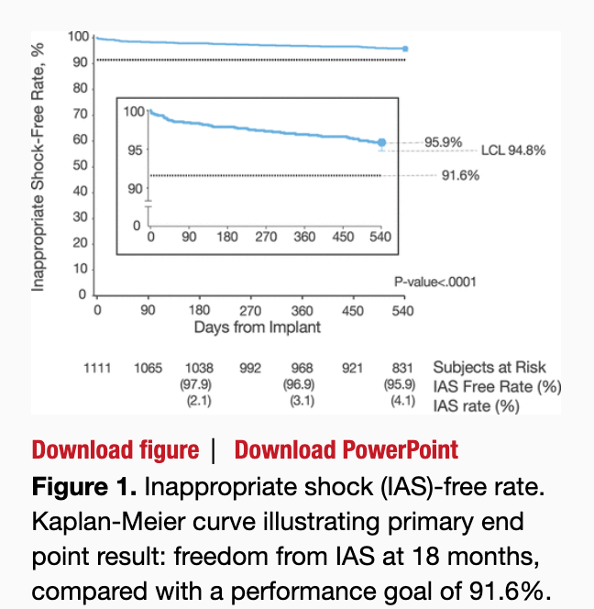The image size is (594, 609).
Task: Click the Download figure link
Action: (x=115, y=450)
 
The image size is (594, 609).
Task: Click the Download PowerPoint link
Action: (x=346, y=450)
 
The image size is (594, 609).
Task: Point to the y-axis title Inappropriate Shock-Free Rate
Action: (x=38, y=165)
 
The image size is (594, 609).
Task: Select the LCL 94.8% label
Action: (x=512, y=150)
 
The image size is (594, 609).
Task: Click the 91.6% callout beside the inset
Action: (x=460, y=175)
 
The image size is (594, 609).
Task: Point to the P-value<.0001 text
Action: (x=435, y=282)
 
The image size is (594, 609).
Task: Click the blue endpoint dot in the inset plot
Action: (x=382, y=142)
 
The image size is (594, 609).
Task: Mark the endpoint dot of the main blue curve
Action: (x=405, y=49)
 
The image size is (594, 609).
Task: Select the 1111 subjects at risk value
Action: (x=97, y=368)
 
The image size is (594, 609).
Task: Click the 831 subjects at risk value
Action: (x=401, y=368)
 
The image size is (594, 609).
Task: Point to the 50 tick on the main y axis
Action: (x=80, y=166)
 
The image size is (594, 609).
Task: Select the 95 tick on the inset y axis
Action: (x=136, y=149)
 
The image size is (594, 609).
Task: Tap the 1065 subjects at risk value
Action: (x=148, y=368)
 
